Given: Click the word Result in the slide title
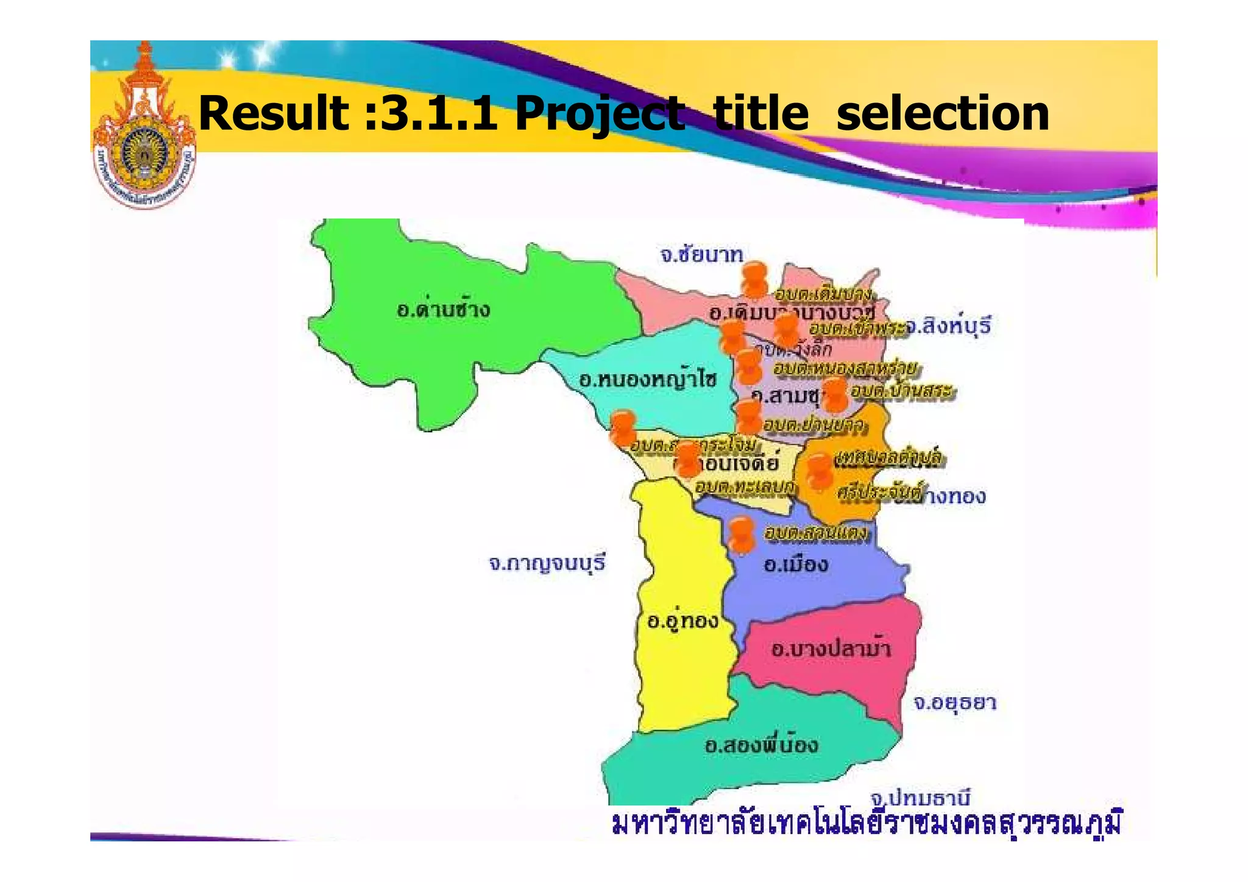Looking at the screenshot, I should [274, 113].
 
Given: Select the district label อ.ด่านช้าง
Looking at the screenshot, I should [443, 310].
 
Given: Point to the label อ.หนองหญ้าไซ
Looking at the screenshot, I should [648, 380].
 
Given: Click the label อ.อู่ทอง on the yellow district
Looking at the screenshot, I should [682, 621].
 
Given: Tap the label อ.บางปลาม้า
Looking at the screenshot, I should [831, 648].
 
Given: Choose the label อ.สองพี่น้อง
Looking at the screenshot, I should [761, 745].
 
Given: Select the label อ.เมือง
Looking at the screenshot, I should [796, 564].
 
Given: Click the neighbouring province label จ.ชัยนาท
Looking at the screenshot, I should [702, 254].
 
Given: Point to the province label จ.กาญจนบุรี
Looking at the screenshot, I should [547, 563].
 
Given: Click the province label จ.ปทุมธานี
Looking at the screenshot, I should [920, 797].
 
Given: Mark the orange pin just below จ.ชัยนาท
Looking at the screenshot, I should [755, 280].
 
